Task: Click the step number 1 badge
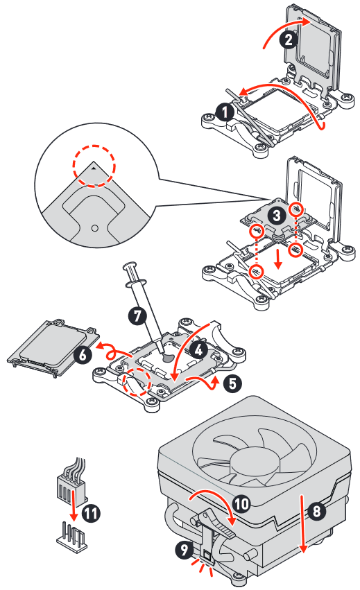tap(225, 112)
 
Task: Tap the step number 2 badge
tap(289, 40)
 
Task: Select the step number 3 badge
tap(277, 216)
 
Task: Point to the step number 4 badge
tap(199, 350)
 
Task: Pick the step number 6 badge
tap(83, 355)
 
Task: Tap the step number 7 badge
tap(137, 315)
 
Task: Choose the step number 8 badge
tap(317, 511)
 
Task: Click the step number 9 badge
tap(185, 550)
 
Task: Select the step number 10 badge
tap(241, 503)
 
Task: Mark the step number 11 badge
tap(91, 512)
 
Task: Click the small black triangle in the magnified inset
tap(94, 168)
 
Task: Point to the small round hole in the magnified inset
tap(95, 228)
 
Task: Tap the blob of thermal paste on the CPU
tap(167, 358)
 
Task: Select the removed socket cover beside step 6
tap(52, 348)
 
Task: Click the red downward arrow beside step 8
tap(302, 523)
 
